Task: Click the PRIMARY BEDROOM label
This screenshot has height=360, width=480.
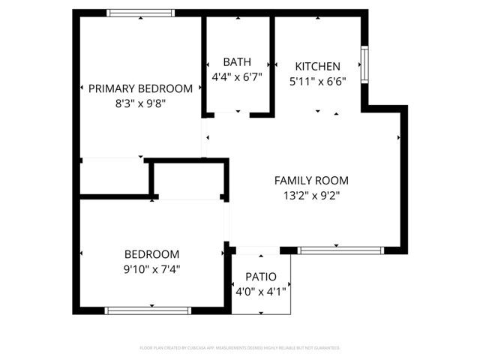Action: (x=140, y=88)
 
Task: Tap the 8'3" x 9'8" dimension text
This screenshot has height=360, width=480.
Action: (x=140, y=103)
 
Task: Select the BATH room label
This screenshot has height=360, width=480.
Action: (x=237, y=62)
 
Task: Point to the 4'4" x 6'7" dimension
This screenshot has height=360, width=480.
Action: (x=237, y=76)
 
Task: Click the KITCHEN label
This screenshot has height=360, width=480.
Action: (x=317, y=66)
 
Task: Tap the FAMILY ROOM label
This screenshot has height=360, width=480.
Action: (x=311, y=180)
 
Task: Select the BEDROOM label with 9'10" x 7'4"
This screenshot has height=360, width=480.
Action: (x=151, y=254)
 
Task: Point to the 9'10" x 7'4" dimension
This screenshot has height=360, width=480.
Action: (x=151, y=269)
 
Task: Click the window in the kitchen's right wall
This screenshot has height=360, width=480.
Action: (x=364, y=66)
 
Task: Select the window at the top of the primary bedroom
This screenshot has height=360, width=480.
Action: (x=141, y=13)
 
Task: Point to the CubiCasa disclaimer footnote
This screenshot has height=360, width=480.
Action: (x=240, y=348)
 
